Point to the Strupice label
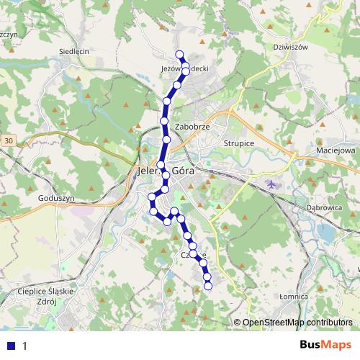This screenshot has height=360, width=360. [x=239, y=143]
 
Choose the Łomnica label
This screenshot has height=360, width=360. [x=294, y=296]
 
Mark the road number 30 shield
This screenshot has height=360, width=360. [x=7, y=140]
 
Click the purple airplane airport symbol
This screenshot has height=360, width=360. [x=271, y=184]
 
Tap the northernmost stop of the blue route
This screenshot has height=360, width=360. [x=179, y=55]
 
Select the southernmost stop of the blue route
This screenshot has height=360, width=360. [x=209, y=287]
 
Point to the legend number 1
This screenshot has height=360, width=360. [x=24, y=346]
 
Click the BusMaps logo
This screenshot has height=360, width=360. [x=326, y=345]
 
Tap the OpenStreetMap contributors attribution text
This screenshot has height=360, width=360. [x=297, y=323]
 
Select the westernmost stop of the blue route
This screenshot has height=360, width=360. [x=151, y=197]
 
